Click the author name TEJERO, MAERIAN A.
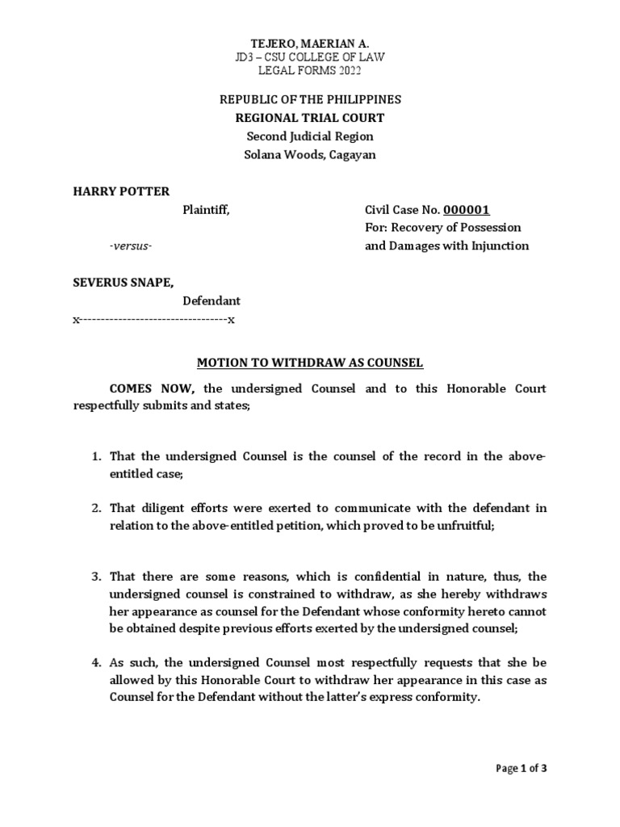(311, 43)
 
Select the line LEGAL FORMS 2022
(311, 70)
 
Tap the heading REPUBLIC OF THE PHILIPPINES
(311, 99)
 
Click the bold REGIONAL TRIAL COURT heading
(311, 118)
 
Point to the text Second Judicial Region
(311, 136)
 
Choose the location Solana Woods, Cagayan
(311, 155)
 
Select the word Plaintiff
(206, 210)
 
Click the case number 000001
(467, 210)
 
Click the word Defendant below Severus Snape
(211, 300)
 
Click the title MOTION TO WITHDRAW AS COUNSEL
(311, 363)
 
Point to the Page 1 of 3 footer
(521, 768)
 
